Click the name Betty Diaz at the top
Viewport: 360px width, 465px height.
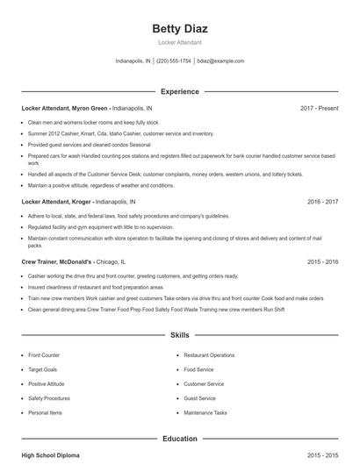point(180,29)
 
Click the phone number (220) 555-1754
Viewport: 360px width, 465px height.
point(174,61)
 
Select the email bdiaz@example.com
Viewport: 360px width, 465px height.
point(221,61)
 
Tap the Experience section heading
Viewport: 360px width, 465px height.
point(180,91)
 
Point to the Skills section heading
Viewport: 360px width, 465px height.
point(180,335)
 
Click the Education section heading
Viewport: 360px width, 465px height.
point(180,438)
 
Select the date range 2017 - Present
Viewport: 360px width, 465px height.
point(319,108)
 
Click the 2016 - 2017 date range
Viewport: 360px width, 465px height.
point(322,201)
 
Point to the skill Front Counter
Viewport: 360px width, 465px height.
point(43,355)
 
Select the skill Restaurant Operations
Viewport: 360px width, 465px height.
point(209,355)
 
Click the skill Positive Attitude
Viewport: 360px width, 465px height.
point(47,383)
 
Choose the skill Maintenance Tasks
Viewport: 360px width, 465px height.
point(205,412)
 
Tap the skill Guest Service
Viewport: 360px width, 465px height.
point(199,398)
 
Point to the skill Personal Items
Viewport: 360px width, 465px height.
point(44,412)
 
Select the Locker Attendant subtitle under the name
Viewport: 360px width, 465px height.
point(180,42)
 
